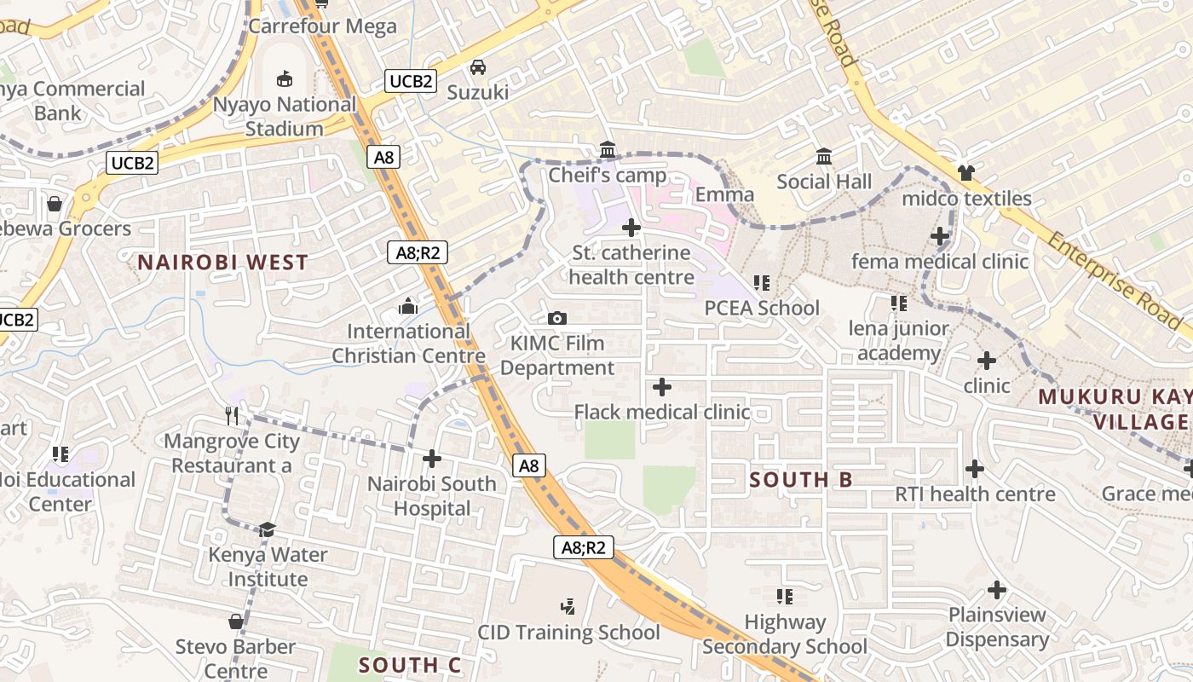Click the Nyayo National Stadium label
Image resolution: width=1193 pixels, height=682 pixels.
[x=285, y=117]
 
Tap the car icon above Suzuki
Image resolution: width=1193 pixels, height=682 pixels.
[x=478, y=66]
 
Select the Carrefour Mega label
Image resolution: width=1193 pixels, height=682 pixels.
[x=323, y=26]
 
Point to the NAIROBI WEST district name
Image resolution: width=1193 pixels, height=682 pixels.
[x=223, y=263]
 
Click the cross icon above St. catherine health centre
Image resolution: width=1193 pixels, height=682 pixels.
[x=631, y=228]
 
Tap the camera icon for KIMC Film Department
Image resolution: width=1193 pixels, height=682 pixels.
[x=557, y=318]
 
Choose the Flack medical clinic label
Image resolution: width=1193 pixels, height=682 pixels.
[x=662, y=413]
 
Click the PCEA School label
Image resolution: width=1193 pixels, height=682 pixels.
[x=762, y=308]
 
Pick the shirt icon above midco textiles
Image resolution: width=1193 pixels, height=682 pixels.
[x=965, y=173]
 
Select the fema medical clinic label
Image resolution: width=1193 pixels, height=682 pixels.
[x=940, y=261]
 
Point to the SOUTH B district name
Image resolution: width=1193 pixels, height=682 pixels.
[x=800, y=480]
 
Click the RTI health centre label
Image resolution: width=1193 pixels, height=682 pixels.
[x=975, y=494]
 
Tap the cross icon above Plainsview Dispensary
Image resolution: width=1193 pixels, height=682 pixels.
[x=997, y=589]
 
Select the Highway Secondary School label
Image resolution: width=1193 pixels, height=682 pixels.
[x=785, y=634]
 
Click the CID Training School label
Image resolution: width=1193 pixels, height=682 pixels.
[x=568, y=633]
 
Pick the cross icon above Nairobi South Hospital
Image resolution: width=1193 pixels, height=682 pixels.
[x=432, y=459]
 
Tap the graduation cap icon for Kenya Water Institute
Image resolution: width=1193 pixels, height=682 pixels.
[x=268, y=529]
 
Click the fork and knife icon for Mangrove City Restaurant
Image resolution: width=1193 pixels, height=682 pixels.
[x=233, y=415]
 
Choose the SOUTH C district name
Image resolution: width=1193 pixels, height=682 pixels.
[x=410, y=666]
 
